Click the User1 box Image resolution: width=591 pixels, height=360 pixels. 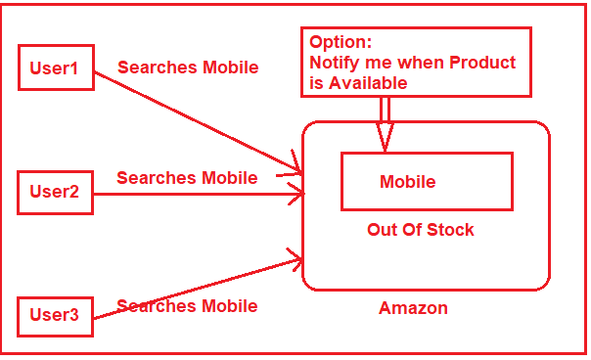[x=56, y=68]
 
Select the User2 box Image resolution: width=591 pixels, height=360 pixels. [x=56, y=192]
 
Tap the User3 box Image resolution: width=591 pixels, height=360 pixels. [x=56, y=315]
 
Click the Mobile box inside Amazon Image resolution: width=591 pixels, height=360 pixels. [x=426, y=181]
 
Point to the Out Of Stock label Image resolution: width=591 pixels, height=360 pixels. [x=420, y=230]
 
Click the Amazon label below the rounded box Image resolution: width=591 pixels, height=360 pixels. [x=413, y=308]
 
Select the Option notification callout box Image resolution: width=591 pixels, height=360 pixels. [x=416, y=62]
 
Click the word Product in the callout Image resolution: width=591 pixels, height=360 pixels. [x=480, y=64]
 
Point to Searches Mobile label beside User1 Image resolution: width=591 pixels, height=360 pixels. [x=188, y=67]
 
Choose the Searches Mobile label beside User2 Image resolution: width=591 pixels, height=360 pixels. [x=187, y=178]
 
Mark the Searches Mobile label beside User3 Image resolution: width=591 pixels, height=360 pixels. [x=187, y=306]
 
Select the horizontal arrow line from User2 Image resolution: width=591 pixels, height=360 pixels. [x=196, y=194]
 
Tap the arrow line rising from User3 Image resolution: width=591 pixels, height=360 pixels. [x=196, y=288]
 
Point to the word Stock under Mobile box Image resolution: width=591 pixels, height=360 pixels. [x=450, y=230]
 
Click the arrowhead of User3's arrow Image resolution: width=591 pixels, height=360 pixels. [x=295, y=259]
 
